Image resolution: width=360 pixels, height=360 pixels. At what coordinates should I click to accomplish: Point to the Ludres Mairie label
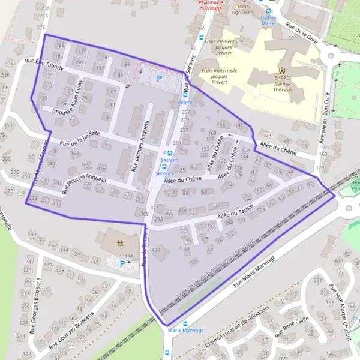click(268, 21)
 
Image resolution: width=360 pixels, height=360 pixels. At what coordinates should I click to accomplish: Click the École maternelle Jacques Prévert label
click(214, 77)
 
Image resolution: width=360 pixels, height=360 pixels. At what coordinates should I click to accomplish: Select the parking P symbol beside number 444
click(123, 263)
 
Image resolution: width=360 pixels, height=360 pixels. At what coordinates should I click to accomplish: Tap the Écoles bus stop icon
click(186, 95)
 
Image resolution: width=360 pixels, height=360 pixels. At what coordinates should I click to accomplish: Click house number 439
click(157, 250)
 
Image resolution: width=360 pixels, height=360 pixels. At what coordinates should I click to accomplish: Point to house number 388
click(144, 214)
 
